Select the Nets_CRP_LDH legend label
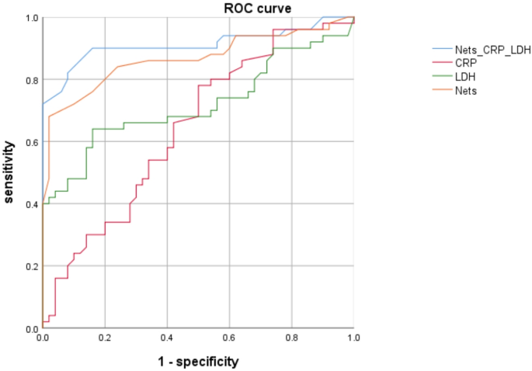tap(494, 50)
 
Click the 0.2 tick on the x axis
tap(105, 339)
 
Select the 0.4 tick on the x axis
tap(167, 339)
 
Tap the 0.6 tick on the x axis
tap(229, 339)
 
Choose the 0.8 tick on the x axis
tap(291, 339)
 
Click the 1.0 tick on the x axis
tap(353, 339)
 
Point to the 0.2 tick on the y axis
tap(30, 266)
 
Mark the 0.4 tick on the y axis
tap(30, 204)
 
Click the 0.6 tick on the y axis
tap(30, 142)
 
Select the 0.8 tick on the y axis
tap(30, 80)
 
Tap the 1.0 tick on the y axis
tap(30, 18)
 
